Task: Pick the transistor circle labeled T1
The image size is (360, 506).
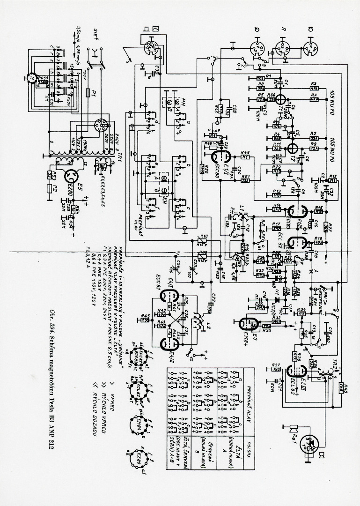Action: [x=281, y=99]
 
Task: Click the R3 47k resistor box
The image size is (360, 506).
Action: [x=315, y=87]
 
